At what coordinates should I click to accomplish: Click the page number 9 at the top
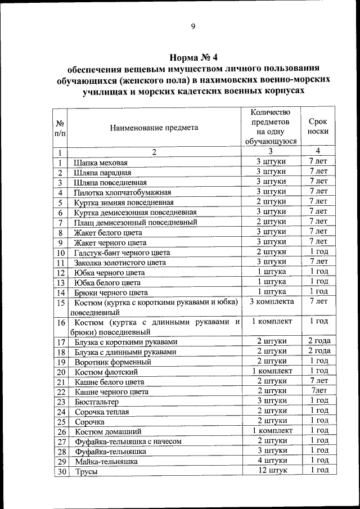click(192, 26)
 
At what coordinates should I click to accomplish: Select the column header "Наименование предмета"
click(154, 127)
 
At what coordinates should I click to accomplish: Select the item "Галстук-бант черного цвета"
click(121, 253)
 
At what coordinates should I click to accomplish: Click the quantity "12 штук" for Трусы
click(271, 470)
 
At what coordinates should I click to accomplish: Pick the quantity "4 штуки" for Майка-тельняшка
click(271, 460)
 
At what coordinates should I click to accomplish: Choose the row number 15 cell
click(60, 303)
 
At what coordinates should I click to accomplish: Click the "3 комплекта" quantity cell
click(271, 302)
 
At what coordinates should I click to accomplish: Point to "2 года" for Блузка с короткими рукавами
click(318, 341)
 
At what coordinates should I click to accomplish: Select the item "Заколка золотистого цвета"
click(120, 263)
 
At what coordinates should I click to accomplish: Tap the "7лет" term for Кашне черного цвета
click(318, 391)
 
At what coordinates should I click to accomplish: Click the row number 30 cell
click(60, 471)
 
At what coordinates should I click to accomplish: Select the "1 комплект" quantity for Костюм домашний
click(271, 430)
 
